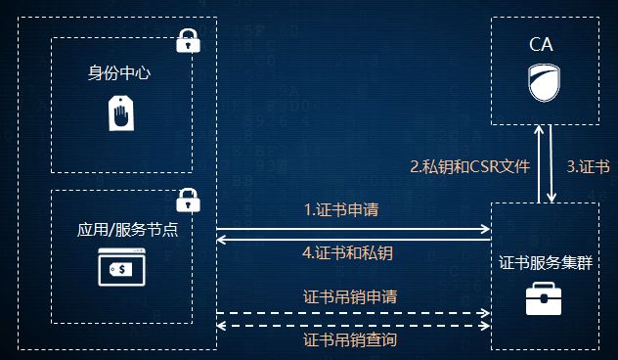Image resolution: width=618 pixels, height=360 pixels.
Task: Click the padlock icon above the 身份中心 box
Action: (186, 41)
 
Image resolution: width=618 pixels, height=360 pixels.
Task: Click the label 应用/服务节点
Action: (120, 230)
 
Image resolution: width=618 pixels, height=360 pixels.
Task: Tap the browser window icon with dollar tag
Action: (121, 268)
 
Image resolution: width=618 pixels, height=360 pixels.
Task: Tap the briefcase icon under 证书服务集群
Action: (543, 297)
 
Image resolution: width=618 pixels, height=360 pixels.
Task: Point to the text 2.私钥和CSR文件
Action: (469, 166)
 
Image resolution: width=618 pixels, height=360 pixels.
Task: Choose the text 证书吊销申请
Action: (349, 294)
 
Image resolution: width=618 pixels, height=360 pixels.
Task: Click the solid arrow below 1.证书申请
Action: (352, 228)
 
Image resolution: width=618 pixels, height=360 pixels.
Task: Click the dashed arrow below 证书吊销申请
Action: (352, 312)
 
